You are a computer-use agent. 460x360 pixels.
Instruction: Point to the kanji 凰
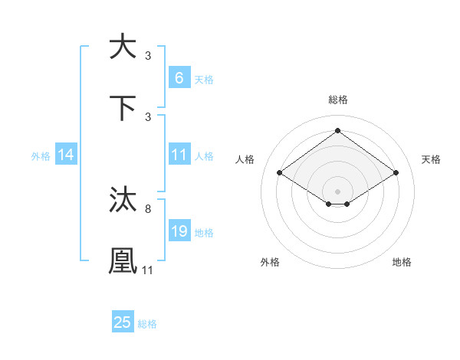coord(123,260)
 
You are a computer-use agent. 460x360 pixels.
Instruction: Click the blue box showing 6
coord(179,77)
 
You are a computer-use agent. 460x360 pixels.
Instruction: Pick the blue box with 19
coord(179,231)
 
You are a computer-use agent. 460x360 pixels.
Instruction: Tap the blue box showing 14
coord(66,155)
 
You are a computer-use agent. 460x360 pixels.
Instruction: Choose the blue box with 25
coord(123,322)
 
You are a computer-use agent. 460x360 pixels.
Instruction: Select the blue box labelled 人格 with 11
coord(179,155)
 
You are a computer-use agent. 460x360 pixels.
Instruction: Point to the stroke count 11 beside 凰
coord(148,270)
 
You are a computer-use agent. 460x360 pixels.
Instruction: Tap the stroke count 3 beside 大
coord(147,56)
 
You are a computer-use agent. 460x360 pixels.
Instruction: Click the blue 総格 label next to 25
coord(147,324)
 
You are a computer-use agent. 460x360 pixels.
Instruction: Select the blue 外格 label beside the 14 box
coord(41,155)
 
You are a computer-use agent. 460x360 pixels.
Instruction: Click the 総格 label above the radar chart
coord(337,100)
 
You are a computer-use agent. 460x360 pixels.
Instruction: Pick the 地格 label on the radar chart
coord(402,262)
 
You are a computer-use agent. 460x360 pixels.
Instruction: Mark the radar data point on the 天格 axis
coord(396,173)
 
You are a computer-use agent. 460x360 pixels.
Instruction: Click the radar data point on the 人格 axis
coord(280,173)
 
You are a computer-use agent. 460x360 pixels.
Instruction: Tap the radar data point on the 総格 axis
coord(337,132)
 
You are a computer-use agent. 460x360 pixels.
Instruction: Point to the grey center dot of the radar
coord(337,191)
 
